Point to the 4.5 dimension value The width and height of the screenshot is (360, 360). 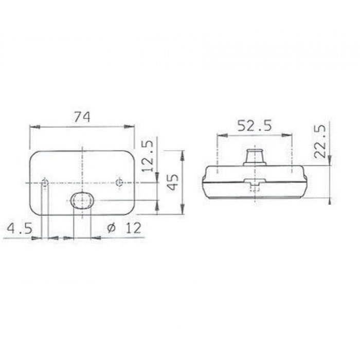pyautogui.click(x=18, y=228)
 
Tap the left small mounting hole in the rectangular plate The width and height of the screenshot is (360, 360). pyautogui.click(x=45, y=183)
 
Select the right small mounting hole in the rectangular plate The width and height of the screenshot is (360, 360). pyautogui.click(x=120, y=183)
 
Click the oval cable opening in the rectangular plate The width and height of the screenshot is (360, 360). pyautogui.click(x=82, y=199)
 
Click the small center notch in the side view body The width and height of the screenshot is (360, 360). pyautogui.click(x=255, y=181)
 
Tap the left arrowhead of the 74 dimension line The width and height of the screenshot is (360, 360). pyautogui.click(x=33, y=127)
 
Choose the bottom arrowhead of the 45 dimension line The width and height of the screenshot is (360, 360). pyautogui.click(x=182, y=212)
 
